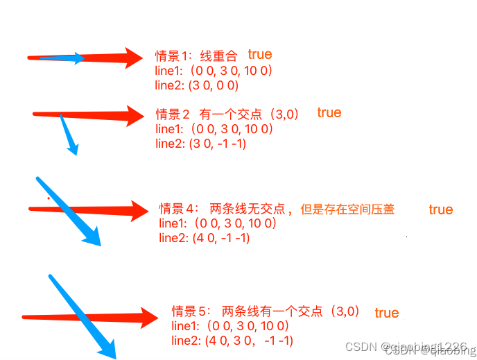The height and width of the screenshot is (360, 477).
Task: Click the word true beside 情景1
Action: point(260,54)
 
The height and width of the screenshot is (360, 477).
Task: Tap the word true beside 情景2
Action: point(329,112)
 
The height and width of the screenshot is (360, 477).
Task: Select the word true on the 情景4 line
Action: point(441,209)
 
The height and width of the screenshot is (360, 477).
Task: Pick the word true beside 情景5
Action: point(387,313)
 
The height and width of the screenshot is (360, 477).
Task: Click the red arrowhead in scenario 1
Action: point(133,57)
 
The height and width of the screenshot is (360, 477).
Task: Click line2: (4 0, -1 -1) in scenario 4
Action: point(204,238)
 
